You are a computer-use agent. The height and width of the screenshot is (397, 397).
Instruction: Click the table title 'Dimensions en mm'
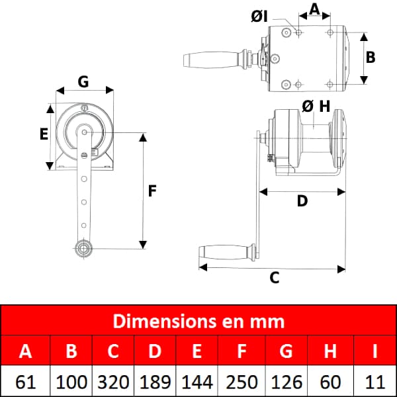[198, 322]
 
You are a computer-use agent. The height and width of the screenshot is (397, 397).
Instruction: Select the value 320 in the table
[113, 382]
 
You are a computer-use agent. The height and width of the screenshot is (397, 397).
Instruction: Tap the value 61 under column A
[25, 382]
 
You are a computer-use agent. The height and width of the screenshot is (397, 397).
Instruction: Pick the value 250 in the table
[242, 382]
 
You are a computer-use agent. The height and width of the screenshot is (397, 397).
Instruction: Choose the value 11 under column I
[375, 382]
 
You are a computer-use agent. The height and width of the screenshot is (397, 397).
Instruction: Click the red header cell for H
[330, 350]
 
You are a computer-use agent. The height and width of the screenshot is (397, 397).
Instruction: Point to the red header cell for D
[155, 350]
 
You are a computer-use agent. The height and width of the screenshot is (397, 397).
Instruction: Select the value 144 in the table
[197, 382]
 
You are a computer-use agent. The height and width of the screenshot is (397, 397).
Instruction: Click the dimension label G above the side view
[83, 82]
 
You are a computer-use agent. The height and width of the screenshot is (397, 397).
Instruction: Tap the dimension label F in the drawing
[152, 191]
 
